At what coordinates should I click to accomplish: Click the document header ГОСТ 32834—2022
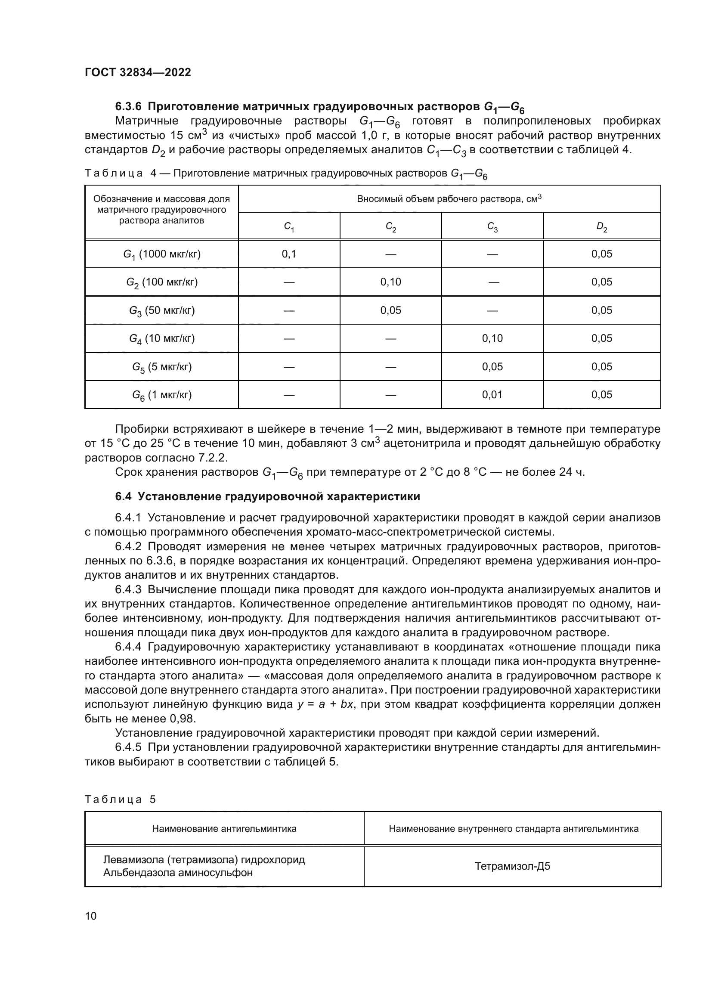(x=138, y=72)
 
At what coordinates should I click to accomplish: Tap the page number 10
(x=91, y=916)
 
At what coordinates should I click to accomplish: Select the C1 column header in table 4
(x=289, y=227)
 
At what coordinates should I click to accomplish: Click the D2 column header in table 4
(x=601, y=227)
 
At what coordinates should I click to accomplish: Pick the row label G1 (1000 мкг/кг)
(x=162, y=254)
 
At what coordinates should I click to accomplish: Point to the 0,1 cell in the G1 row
(x=289, y=254)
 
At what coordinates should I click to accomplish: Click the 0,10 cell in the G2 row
(x=390, y=282)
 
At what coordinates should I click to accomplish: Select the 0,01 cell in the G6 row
(x=492, y=395)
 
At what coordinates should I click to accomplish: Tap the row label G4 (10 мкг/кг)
(x=162, y=338)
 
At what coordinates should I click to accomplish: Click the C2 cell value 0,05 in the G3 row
(x=390, y=310)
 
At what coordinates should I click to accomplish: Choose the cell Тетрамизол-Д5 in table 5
(x=512, y=866)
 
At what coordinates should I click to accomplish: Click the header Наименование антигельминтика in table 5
(x=224, y=828)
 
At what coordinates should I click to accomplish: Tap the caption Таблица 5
(x=120, y=799)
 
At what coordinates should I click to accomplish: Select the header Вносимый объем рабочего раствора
(x=449, y=198)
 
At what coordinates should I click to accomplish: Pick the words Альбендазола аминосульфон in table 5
(x=178, y=873)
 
